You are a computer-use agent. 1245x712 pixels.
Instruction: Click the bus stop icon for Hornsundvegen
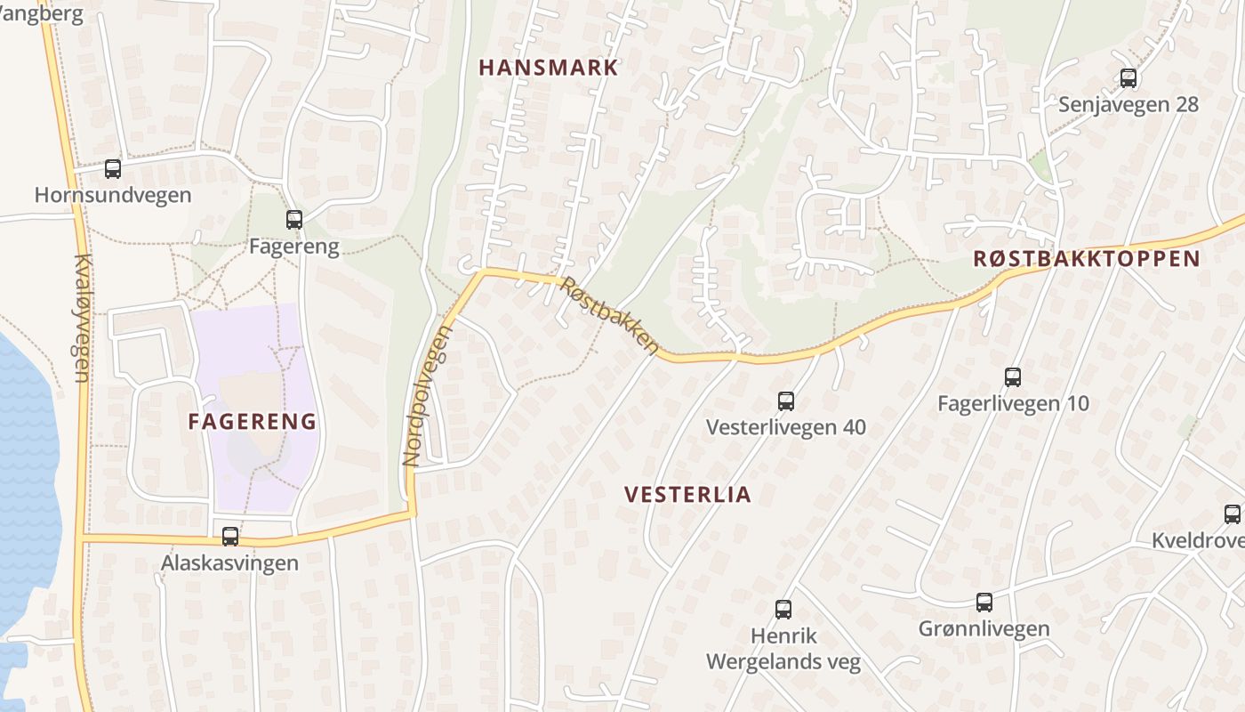(x=113, y=169)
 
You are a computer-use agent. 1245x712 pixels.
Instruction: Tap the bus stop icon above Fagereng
(x=294, y=219)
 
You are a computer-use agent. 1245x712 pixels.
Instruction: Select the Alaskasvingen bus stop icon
(x=230, y=536)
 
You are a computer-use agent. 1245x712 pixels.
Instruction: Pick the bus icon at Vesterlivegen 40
(x=786, y=400)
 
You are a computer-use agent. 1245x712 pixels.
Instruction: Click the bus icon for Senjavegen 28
(x=1129, y=78)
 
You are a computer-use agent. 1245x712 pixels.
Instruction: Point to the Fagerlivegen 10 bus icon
(x=1013, y=377)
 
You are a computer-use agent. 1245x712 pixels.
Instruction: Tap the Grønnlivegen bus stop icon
(x=984, y=603)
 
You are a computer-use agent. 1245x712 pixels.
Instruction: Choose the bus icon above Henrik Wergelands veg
(x=783, y=610)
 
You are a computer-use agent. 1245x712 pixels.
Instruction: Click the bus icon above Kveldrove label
(x=1233, y=514)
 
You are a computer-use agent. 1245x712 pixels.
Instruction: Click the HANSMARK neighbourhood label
(x=549, y=68)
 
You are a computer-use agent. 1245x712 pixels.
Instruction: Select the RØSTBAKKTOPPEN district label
(x=1087, y=259)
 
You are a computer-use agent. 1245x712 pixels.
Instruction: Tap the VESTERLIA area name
(x=687, y=495)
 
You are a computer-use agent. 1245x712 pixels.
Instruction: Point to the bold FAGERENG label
(x=253, y=422)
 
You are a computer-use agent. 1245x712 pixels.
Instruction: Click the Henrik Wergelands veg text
(x=783, y=650)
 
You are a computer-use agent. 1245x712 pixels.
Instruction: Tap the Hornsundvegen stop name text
(x=113, y=195)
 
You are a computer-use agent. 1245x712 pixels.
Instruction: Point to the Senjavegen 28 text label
(x=1129, y=105)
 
